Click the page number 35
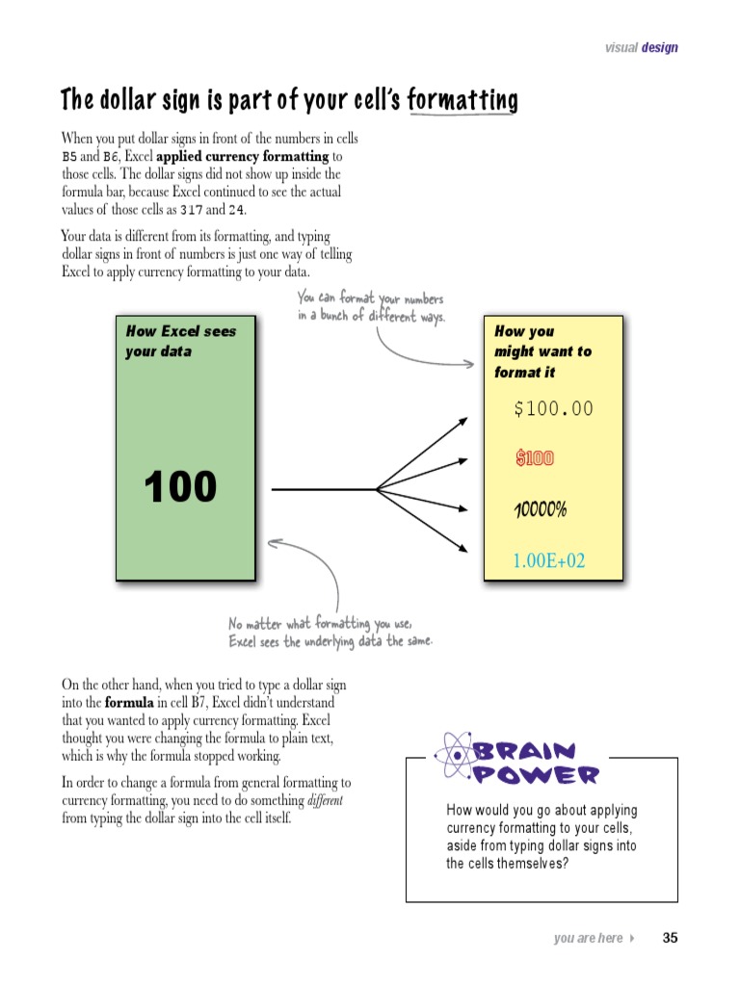pyautogui.click(x=671, y=938)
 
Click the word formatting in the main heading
pyautogui.click(x=462, y=100)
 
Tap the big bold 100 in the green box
pyautogui.click(x=181, y=487)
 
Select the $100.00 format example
pyautogui.click(x=553, y=409)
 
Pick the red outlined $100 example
pyautogui.click(x=535, y=458)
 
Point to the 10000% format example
pyautogui.click(x=541, y=509)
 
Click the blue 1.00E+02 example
pyautogui.click(x=548, y=560)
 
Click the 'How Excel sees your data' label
pyautogui.click(x=180, y=341)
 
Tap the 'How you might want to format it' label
pyautogui.click(x=542, y=351)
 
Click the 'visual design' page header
pyautogui.click(x=641, y=47)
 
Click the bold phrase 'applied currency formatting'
pyautogui.click(x=242, y=156)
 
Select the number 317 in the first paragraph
pyautogui.click(x=192, y=210)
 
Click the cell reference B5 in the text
pyautogui.click(x=69, y=157)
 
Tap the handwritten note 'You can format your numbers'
pyautogui.click(x=370, y=299)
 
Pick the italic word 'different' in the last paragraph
pyautogui.click(x=325, y=801)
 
